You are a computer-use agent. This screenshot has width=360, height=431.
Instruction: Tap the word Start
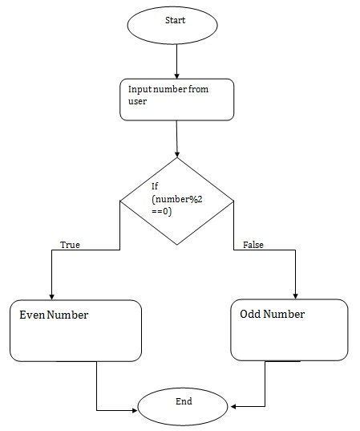tap(176, 20)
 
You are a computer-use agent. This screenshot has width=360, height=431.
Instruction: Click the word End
tap(178, 399)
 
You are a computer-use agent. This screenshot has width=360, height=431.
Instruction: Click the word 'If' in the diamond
tap(155, 187)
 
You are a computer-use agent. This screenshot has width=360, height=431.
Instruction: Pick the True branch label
tap(70, 245)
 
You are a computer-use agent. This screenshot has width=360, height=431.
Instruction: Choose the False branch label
tap(253, 245)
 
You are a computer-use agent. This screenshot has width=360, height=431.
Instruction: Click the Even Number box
tap(75, 330)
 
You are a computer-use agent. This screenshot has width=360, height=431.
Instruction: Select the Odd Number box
tap(289, 330)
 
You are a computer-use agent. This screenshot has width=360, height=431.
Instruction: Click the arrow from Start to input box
tap(176, 60)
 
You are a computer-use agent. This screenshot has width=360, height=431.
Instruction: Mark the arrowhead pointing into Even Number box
tap(51, 296)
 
